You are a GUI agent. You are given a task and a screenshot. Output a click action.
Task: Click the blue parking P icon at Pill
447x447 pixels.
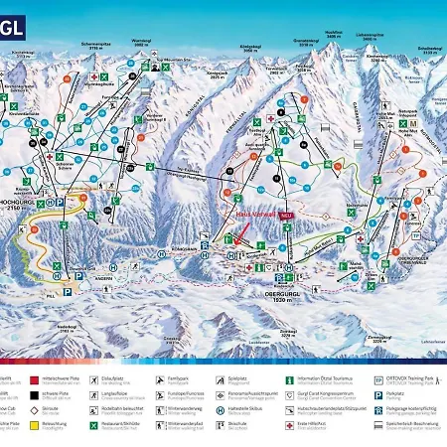click(68, 292)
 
